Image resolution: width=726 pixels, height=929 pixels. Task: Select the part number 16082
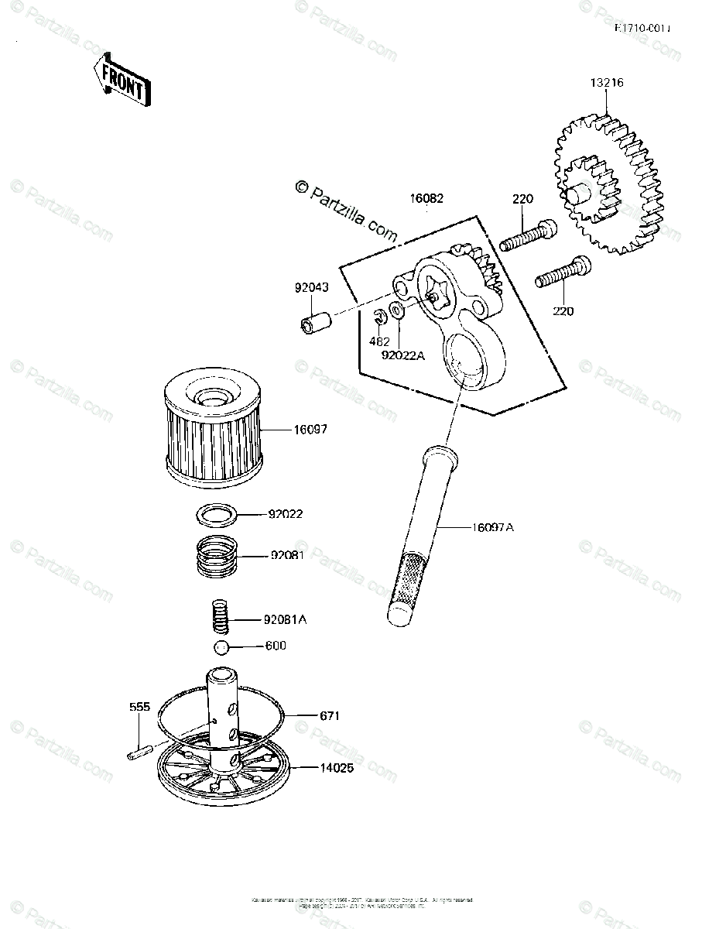[x=426, y=198]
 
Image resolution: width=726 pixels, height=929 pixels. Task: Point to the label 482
[x=379, y=341]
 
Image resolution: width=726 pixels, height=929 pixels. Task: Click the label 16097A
[x=493, y=527]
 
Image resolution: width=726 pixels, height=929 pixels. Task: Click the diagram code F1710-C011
[x=642, y=29]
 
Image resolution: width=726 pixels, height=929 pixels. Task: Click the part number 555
[x=139, y=708]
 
